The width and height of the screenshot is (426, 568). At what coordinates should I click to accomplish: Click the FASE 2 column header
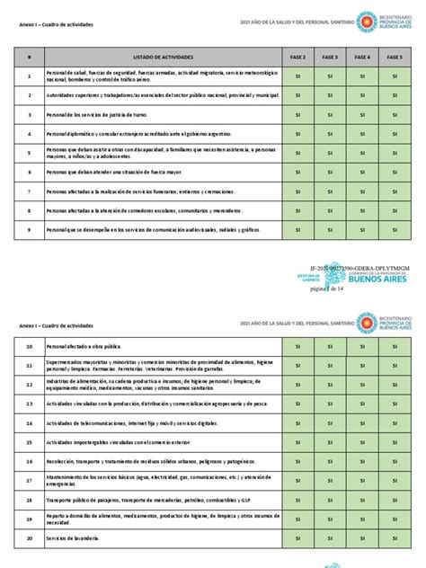pyautogui.click(x=297, y=57)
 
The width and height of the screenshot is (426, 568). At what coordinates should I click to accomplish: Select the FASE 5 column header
pyautogui.click(x=395, y=57)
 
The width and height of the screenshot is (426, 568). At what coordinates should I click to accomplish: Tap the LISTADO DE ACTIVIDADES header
pyautogui.click(x=162, y=57)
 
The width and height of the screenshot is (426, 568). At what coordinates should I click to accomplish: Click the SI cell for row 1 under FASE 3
pyautogui.click(x=330, y=77)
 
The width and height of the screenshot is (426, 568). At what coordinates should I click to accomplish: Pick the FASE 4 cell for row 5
pyautogui.click(x=362, y=153)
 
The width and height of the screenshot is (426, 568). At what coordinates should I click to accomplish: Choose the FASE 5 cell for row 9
pyautogui.click(x=395, y=230)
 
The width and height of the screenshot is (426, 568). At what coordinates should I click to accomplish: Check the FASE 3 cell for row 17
pyautogui.click(x=330, y=480)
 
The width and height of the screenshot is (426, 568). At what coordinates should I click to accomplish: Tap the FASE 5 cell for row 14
pyautogui.click(x=395, y=422)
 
